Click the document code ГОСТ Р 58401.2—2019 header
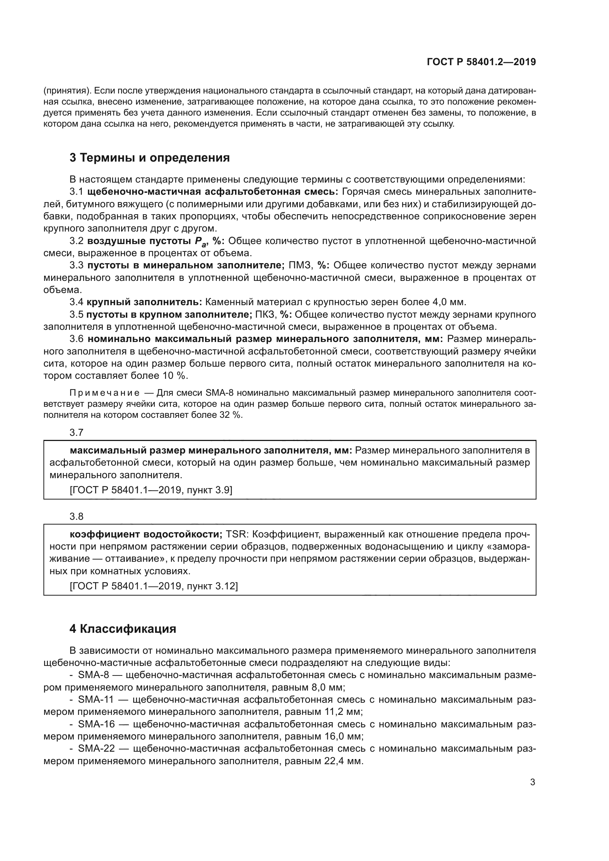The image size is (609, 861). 481,62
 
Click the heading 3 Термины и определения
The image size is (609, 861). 149,158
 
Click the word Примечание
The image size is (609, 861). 105,393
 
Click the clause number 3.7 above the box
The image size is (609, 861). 77,433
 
